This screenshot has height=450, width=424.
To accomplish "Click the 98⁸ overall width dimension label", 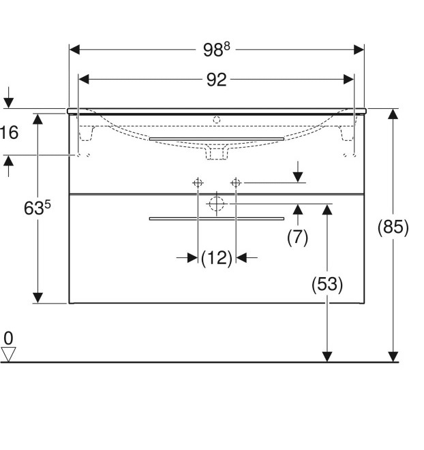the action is coord(217,50).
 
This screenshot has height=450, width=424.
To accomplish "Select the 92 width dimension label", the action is coord(217,80).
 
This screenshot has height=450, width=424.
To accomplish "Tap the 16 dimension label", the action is coord(9,132).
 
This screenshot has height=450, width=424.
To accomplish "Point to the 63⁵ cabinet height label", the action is coord(37,208).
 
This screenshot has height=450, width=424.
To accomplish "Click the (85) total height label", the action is coord(393,227).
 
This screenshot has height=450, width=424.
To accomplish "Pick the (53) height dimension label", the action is coord(327,284).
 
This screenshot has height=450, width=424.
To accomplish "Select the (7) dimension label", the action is coord(297,237).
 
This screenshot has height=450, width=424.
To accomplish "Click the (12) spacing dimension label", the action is coord(217,258).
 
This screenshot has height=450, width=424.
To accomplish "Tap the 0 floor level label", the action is coord(8,338).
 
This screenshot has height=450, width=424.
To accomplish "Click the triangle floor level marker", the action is coord(8,354).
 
